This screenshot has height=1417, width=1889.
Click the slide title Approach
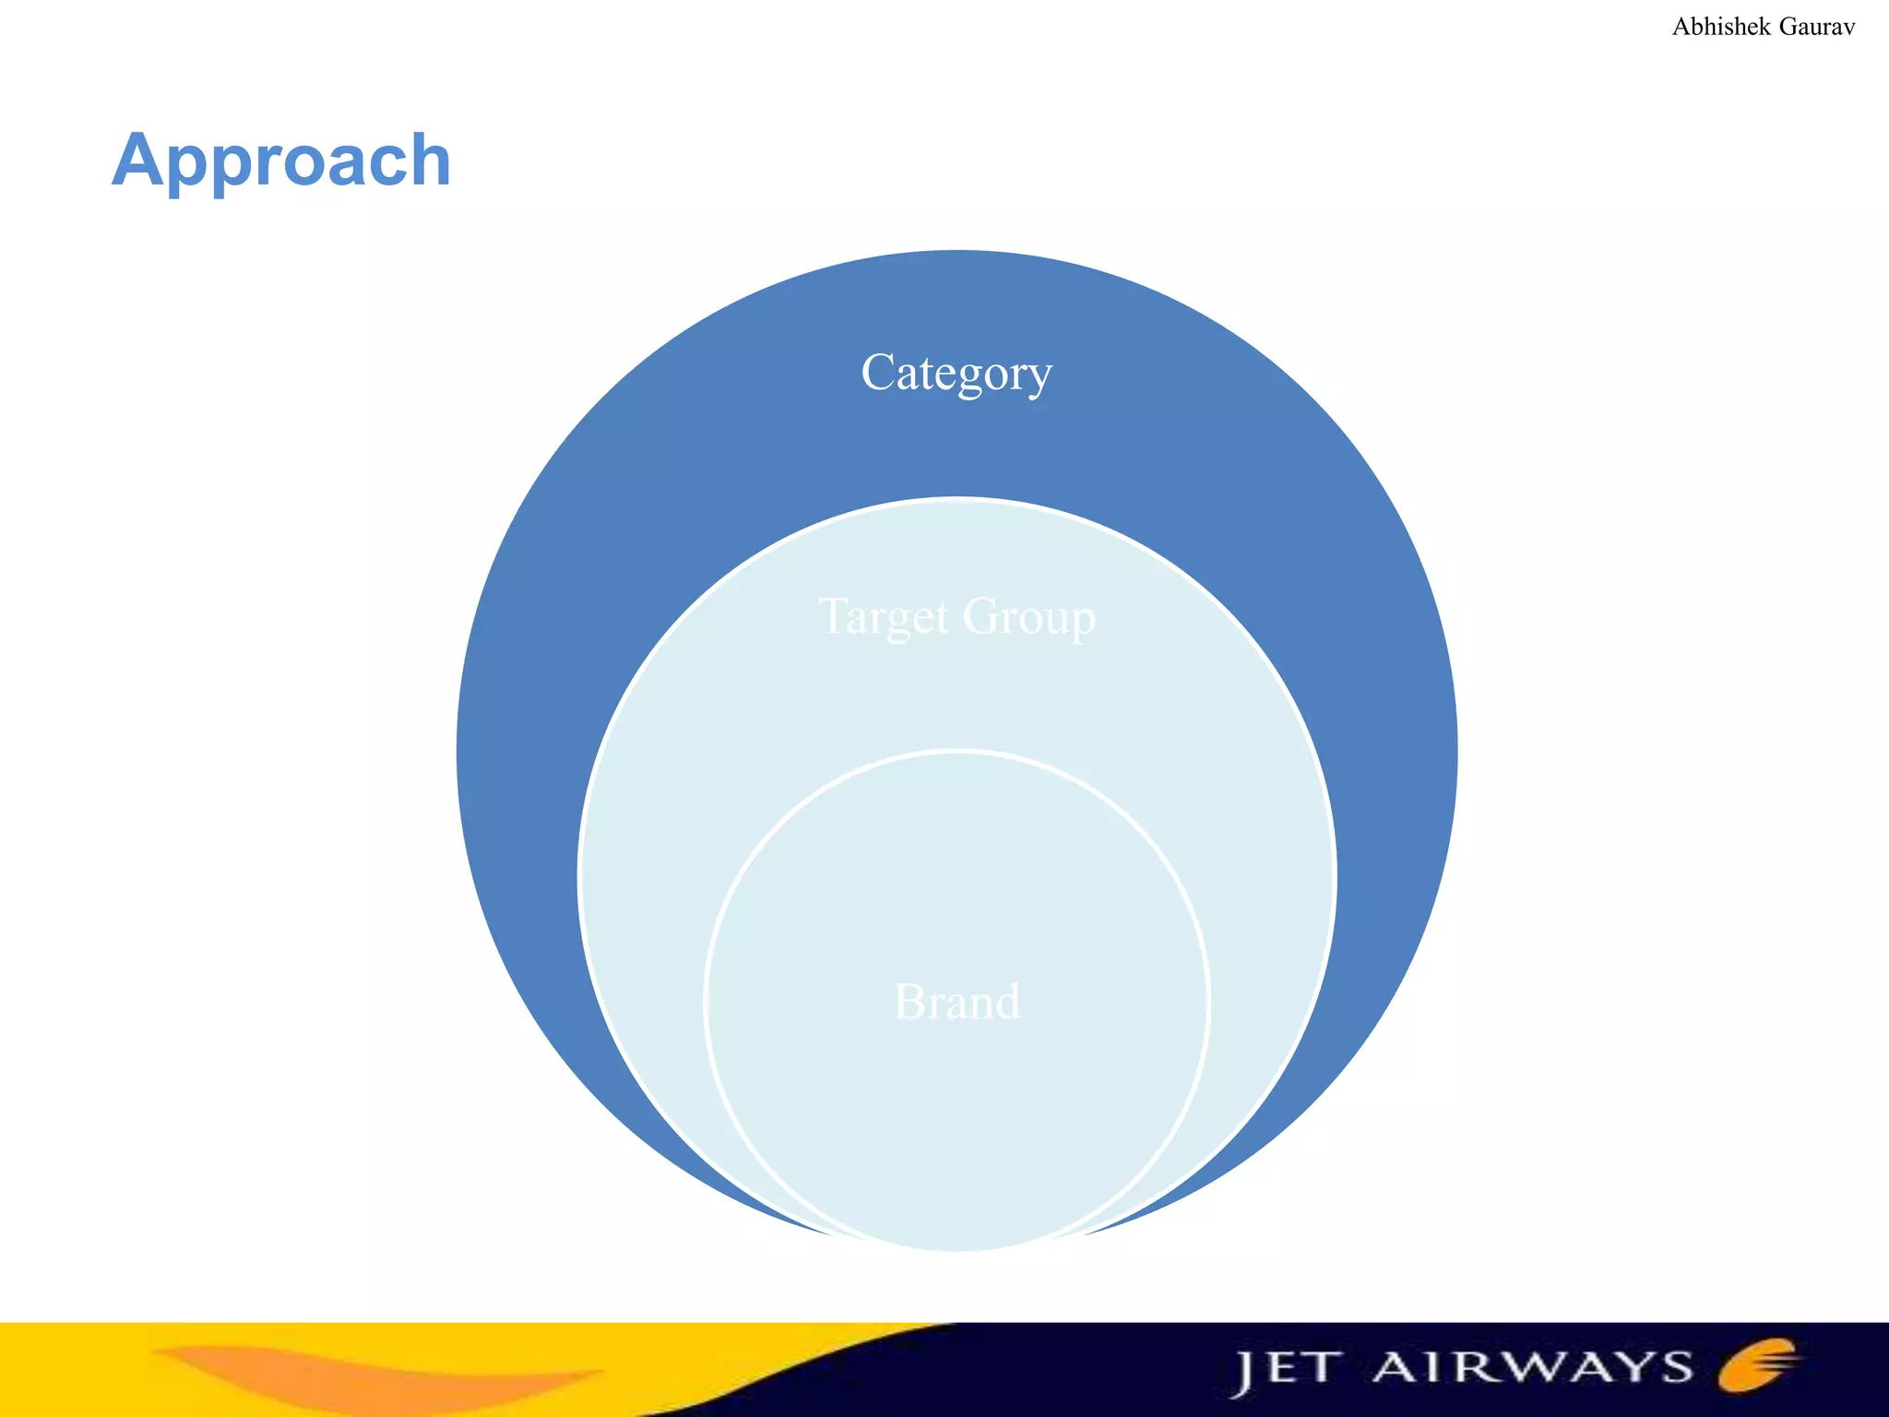pyautogui.click(x=281, y=161)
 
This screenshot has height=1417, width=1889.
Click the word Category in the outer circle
pyautogui.click(x=956, y=373)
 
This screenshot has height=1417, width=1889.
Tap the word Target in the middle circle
pyautogui.click(x=884, y=616)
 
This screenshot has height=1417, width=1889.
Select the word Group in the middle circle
pyautogui.click(x=1028, y=616)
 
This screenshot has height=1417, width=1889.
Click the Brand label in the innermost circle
pyautogui.click(x=957, y=1002)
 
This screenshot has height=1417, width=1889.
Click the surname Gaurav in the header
pyautogui.click(x=1816, y=27)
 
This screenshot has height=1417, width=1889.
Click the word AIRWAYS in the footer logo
pyautogui.click(x=1532, y=1367)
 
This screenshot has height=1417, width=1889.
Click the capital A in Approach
pyautogui.click(x=138, y=161)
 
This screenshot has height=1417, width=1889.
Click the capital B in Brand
pyautogui.click(x=909, y=1002)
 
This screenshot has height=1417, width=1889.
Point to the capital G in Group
pyautogui.click(x=980, y=615)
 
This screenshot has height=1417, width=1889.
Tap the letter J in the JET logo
pyautogui.click(x=1244, y=1373)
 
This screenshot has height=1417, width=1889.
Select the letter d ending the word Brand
pyautogui.click(x=1007, y=1002)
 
